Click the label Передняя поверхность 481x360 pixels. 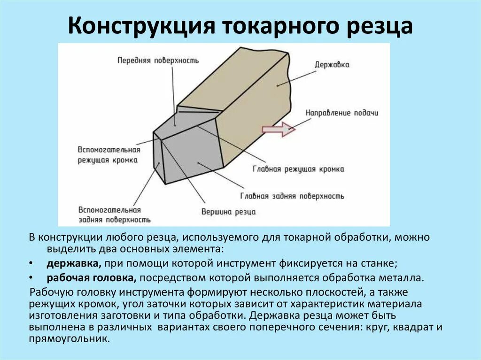158,61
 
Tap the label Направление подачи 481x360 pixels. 341,113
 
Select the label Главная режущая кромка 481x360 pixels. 298,169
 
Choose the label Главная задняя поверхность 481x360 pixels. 292,196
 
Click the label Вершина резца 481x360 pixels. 229,212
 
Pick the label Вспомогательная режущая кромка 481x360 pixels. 109,155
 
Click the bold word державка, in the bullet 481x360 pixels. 74,263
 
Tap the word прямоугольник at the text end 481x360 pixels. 69,338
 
